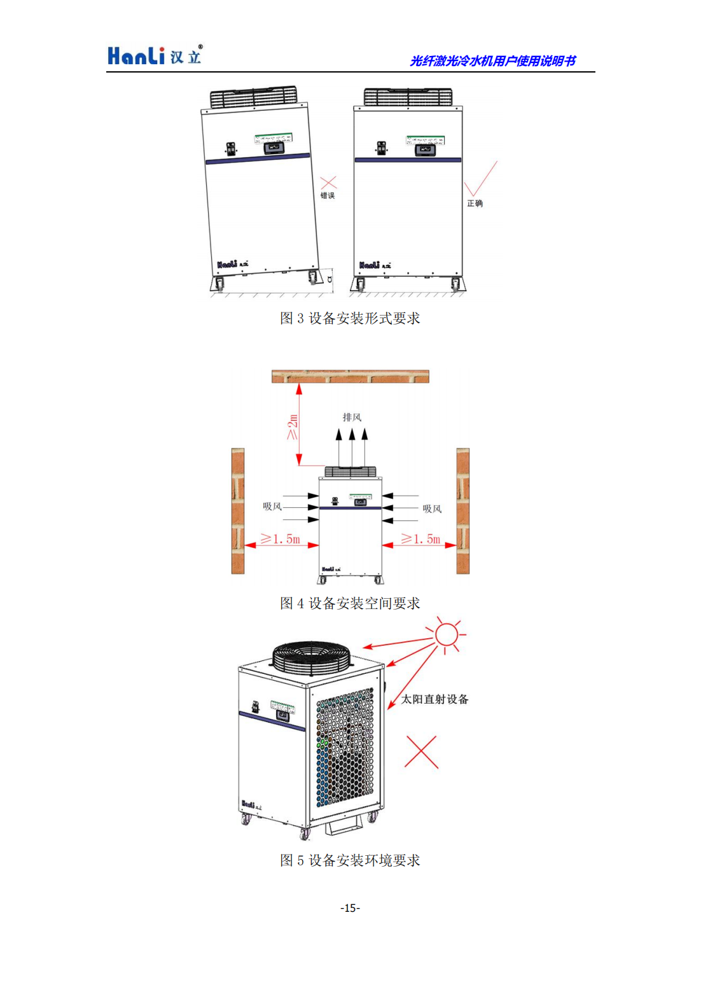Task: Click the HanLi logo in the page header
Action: (155, 55)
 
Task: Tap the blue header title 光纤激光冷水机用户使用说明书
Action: (492, 60)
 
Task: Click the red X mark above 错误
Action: (328, 183)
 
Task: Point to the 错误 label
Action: (328, 195)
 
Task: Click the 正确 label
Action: (475, 203)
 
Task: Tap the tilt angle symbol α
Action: (329, 279)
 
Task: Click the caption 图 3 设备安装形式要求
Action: (350, 318)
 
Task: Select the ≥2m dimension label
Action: (293, 426)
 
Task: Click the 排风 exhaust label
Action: (352, 417)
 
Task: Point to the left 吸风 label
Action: (272, 506)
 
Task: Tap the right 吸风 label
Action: (432, 509)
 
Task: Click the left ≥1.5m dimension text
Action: (281, 539)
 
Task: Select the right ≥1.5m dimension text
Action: (420, 539)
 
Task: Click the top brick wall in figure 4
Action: (350, 376)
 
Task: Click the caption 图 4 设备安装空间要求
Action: (350, 603)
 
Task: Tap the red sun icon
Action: (446, 634)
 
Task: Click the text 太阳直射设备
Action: (434, 699)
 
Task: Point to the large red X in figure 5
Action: (422, 752)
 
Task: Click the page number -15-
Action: (350, 908)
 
